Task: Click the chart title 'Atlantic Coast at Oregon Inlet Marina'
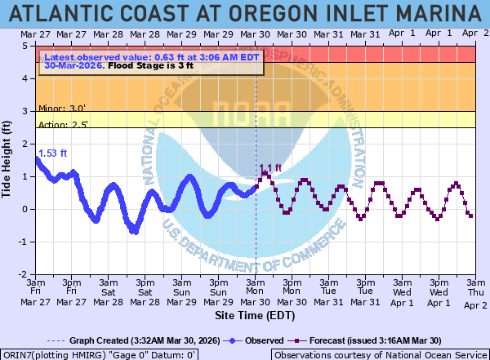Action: tap(245, 14)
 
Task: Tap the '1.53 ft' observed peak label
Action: tap(51, 153)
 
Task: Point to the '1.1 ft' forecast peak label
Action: tap(270, 169)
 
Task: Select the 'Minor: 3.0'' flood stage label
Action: tap(62, 107)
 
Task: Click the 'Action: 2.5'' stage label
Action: tap(63, 123)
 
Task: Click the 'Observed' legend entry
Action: tap(259, 340)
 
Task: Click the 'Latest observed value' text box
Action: tap(150, 61)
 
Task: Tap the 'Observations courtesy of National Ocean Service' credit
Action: tap(379, 354)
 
